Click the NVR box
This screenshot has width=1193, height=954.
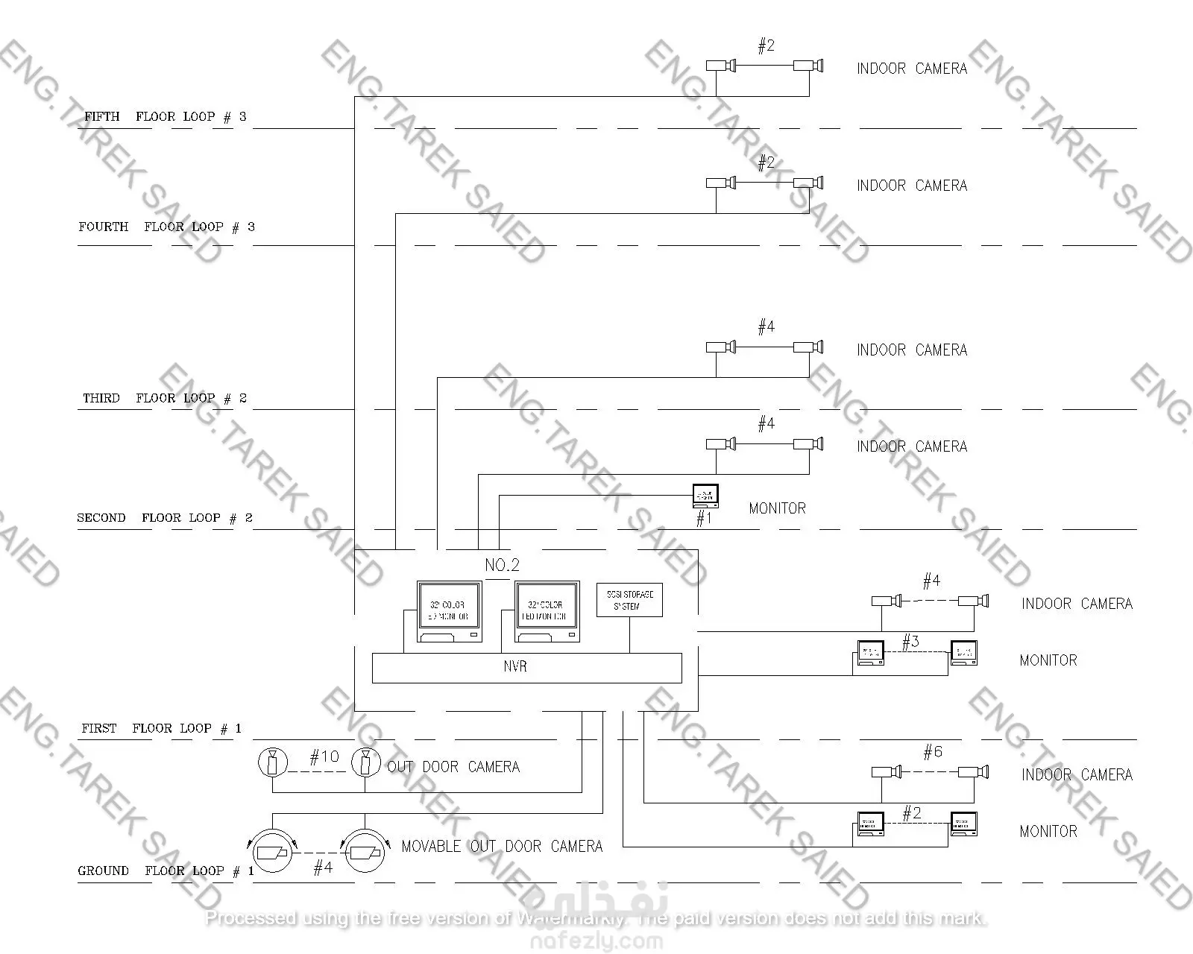(526, 667)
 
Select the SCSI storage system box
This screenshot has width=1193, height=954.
(629, 600)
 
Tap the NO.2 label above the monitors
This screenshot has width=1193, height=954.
(502, 565)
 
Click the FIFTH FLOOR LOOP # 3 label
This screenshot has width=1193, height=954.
(165, 116)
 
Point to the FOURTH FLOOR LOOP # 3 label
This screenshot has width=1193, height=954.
(166, 227)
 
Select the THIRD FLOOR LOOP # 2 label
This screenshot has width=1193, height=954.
(165, 398)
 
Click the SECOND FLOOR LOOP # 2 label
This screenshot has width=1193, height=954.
(165, 518)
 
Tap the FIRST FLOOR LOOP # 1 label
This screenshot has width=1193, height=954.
(162, 728)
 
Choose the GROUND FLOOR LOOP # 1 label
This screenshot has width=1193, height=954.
(166, 871)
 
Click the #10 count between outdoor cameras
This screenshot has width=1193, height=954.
(324, 757)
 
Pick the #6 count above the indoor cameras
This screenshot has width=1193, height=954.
(933, 752)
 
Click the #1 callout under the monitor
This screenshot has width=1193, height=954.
(703, 518)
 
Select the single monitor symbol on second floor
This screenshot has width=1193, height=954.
(705, 496)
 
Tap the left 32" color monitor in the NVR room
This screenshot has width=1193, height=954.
(449, 612)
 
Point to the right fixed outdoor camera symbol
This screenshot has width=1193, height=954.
(365, 762)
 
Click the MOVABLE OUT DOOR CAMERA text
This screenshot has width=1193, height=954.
(502, 847)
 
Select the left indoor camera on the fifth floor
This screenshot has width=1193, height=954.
(721, 66)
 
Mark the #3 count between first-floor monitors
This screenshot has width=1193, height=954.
(910, 642)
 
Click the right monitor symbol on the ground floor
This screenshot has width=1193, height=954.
(963, 824)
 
